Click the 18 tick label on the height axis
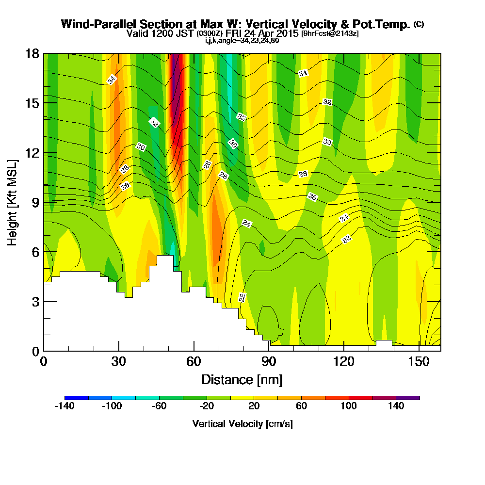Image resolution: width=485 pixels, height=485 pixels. click(x=32, y=53)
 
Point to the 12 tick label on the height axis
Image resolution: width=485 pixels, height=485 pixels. click(x=32, y=153)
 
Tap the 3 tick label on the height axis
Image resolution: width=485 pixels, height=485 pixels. click(x=35, y=302)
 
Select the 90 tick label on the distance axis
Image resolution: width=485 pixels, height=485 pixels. click(x=269, y=361)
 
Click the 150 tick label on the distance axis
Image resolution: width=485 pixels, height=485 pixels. click(x=418, y=361)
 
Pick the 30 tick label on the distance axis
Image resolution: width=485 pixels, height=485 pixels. click(x=118, y=361)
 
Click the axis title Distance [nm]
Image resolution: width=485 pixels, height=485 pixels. click(x=242, y=379)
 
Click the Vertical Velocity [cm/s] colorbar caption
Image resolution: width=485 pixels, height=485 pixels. click(x=242, y=424)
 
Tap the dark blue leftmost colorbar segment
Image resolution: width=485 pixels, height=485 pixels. click(x=76, y=398)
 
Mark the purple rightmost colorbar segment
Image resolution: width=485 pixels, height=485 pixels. click(x=408, y=398)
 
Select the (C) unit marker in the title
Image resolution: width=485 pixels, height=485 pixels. click(x=419, y=24)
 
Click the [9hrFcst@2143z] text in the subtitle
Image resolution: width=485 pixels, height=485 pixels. click(x=330, y=33)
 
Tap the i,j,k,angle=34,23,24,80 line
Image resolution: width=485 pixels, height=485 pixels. click(x=242, y=41)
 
